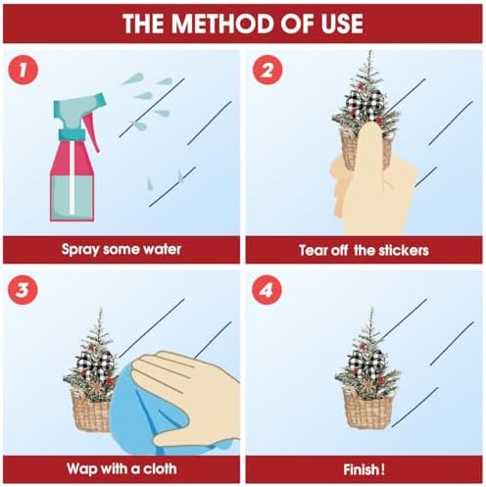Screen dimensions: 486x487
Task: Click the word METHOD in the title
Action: [x=223, y=24]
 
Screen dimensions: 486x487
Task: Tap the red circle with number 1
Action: [x=23, y=70]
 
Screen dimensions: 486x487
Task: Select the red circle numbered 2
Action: [x=267, y=70]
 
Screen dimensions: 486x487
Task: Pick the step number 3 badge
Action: [x=23, y=290]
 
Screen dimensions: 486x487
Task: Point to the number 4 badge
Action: [x=267, y=290]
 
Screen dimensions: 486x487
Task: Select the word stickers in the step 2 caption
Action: [x=404, y=251]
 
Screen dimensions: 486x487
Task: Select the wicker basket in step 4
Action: [x=367, y=409]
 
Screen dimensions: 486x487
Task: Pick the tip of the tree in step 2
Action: [x=370, y=51]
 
